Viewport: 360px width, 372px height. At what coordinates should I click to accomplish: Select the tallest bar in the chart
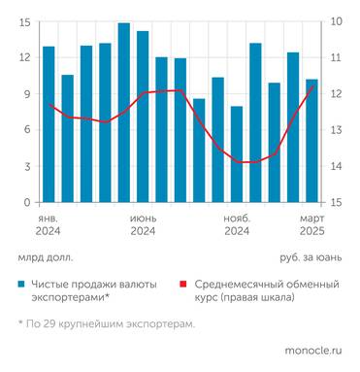click(124, 113)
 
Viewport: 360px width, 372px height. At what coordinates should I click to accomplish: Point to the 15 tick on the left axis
click(25, 22)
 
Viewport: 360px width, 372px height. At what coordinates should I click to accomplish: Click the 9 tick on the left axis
click(27, 94)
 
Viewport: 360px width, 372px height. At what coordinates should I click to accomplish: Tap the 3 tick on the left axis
click(27, 166)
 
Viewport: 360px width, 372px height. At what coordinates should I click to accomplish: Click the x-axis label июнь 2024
click(143, 224)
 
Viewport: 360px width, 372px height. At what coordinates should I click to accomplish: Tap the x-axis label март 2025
click(311, 224)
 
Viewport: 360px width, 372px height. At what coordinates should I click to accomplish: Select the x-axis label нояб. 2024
click(237, 224)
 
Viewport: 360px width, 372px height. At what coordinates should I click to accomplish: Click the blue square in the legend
click(21, 285)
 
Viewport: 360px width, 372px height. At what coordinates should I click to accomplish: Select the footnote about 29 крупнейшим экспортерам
click(106, 323)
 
